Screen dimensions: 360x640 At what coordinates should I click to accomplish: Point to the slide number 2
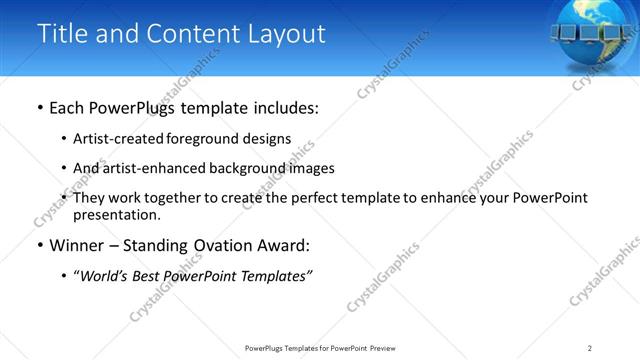click(590, 348)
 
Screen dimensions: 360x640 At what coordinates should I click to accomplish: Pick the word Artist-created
click(114, 139)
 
